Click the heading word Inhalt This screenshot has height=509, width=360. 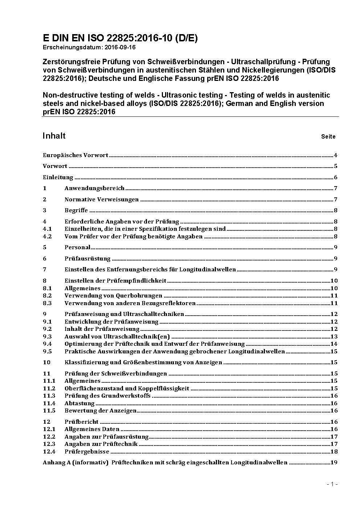[x=54, y=136]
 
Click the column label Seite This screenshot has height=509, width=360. [x=328, y=137]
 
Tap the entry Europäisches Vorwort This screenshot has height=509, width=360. [x=75, y=155]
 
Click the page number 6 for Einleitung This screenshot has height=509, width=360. [x=336, y=177]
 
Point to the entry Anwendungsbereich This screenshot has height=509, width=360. [x=94, y=188]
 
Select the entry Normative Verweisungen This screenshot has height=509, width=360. [x=102, y=200]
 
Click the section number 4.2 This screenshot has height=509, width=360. [x=47, y=237]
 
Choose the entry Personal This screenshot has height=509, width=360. [x=77, y=247]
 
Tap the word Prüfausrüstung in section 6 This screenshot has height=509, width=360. [x=87, y=259]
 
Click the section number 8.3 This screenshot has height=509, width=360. [x=47, y=303]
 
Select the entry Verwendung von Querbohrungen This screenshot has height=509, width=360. [x=113, y=296]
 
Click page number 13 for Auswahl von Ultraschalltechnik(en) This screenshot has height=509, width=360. [x=334, y=337]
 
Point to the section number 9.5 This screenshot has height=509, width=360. [x=47, y=352]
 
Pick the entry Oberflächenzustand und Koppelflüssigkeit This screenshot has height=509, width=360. [x=127, y=389]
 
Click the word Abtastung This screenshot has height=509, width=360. [x=79, y=403]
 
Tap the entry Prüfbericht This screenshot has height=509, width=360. [x=82, y=422]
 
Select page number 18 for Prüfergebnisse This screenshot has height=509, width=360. [x=334, y=452]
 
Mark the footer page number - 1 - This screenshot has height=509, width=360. [x=332, y=484]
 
